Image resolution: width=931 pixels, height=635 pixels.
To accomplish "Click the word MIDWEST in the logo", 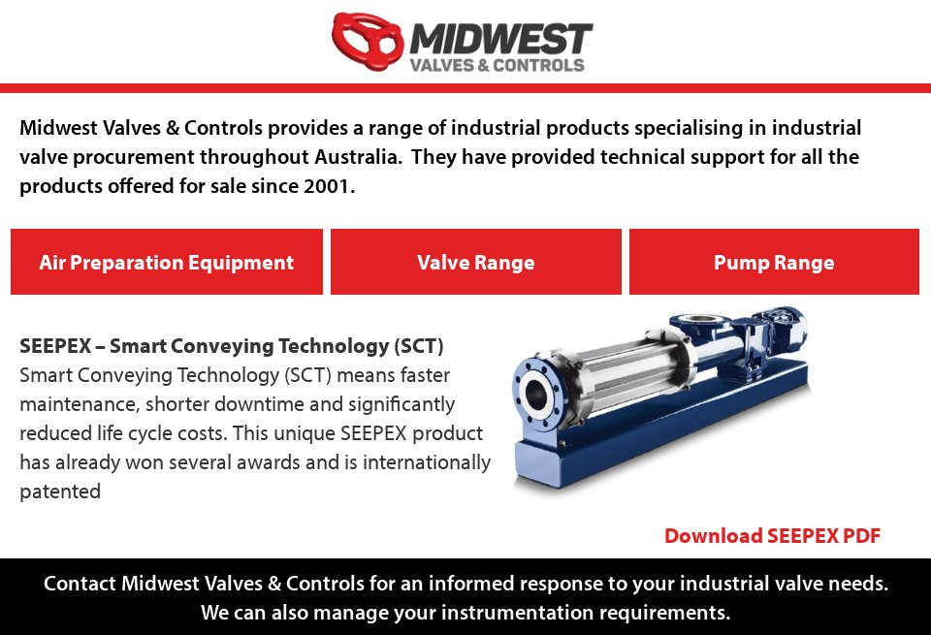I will click(500, 39).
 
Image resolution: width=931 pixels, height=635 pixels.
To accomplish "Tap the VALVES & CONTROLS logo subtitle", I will click(498, 66).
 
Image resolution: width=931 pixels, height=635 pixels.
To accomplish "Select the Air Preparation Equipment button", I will click(167, 262).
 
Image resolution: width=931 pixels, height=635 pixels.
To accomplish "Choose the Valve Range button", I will click(475, 262).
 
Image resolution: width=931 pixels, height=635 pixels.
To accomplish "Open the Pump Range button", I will click(774, 262).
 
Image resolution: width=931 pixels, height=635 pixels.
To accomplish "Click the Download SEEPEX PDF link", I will click(772, 536).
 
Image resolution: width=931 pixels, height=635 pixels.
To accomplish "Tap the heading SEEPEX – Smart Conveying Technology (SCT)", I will click(232, 345).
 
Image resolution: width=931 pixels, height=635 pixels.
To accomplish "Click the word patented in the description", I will click(60, 492).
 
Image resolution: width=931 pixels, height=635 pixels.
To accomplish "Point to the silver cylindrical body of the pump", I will click(621, 364).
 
